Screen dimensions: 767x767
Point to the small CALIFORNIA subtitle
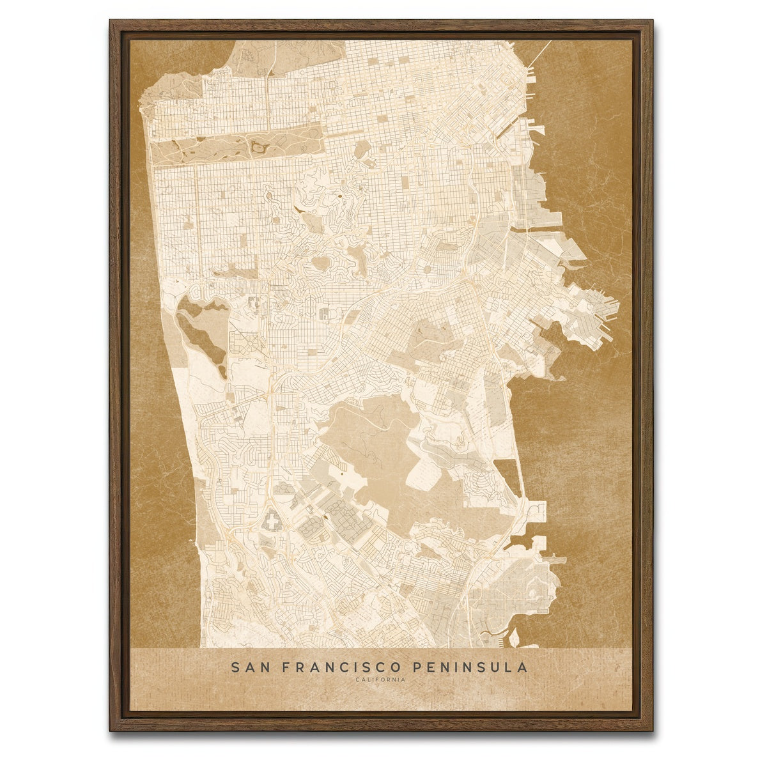[x=381, y=679]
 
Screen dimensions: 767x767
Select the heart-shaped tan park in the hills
[x=320, y=263]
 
